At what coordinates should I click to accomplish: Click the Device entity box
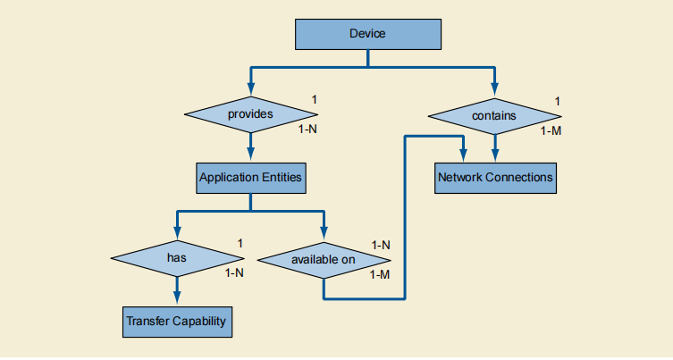[367, 34]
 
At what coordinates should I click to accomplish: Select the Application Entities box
[250, 178]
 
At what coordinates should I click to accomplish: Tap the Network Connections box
[495, 178]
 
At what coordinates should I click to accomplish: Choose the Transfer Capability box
[176, 321]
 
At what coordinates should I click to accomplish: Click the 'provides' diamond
[250, 113]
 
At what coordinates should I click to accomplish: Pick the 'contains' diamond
[494, 115]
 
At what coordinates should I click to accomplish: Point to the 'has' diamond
[176, 257]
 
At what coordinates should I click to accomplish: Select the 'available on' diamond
[323, 260]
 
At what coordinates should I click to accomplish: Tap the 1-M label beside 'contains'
[551, 130]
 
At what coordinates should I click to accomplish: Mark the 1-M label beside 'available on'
[380, 274]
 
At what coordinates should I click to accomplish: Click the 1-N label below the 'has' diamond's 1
[235, 273]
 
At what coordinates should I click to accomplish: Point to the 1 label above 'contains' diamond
[558, 100]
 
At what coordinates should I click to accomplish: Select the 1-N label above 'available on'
[382, 245]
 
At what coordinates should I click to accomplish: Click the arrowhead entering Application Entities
[250, 155]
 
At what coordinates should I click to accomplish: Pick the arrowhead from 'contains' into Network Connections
[494, 155]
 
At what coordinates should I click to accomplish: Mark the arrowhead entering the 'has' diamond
[176, 233]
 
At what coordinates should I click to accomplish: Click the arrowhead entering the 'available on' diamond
[323, 235]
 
